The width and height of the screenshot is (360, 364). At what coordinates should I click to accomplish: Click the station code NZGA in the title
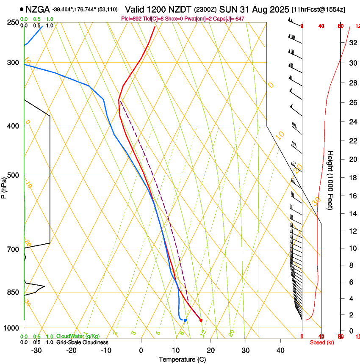click(38, 9)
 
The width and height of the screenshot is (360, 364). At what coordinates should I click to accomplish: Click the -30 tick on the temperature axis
click(37, 350)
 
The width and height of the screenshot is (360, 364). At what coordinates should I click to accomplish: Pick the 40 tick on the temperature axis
click(280, 350)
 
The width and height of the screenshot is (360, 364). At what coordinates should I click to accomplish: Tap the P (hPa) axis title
click(5, 187)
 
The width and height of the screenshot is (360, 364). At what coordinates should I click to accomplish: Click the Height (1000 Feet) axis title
click(331, 180)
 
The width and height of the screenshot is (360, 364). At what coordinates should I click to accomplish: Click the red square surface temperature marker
click(201, 320)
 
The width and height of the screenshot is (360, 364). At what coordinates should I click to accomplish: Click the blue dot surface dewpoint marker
click(186, 320)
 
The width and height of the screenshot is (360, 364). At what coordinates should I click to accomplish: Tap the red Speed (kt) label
click(321, 342)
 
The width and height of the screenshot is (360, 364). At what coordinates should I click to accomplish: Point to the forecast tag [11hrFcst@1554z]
click(318, 9)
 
